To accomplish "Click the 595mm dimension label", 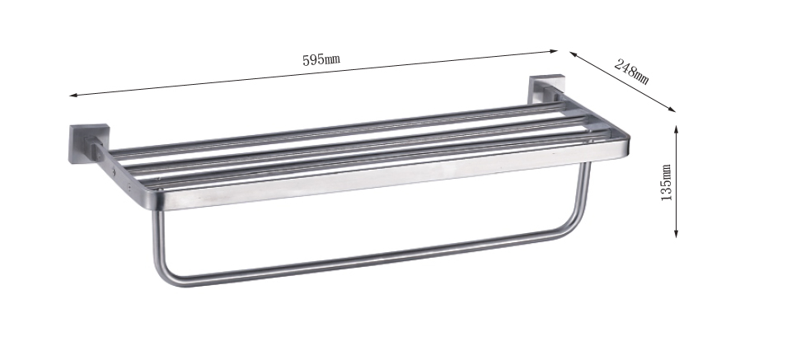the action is (x=321, y=59).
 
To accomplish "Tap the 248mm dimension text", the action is (x=631, y=71).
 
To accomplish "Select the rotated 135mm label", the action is (x=666, y=183).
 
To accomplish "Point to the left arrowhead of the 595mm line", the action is (x=73, y=95).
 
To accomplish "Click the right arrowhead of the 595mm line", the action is (x=554, y=50).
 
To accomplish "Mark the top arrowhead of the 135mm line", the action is (x=676, y=129).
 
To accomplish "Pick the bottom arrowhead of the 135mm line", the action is (x=676, y=233).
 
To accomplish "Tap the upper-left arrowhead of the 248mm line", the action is (x=574, y=54).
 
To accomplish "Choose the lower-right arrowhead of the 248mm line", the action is (x=672, y=110).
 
